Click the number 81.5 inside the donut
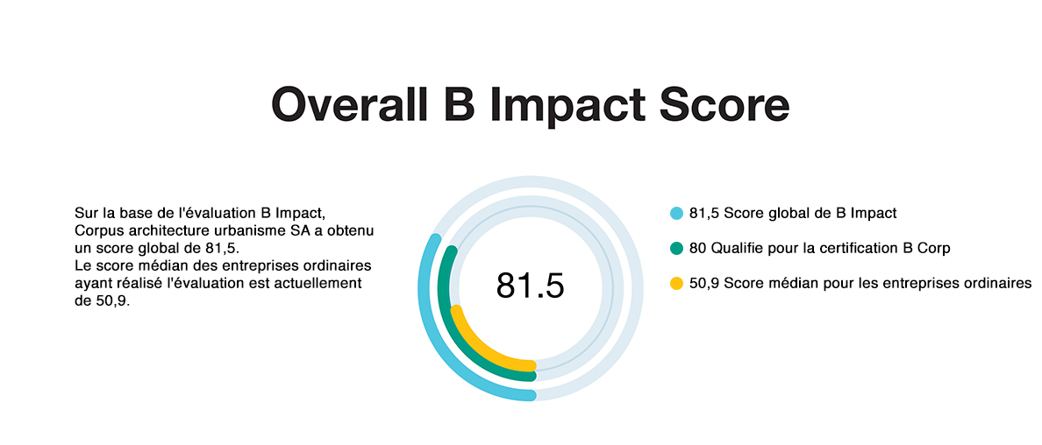pyautogui.click(x=531, y=285)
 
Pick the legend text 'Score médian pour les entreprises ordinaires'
pyautogui.click(x=877, y=283)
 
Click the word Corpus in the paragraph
pyautogui.click(x=95, y=230)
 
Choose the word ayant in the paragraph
pyautogui.click(x=91, y=285)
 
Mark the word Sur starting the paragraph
pyautogui.click(x=85, y=213)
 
